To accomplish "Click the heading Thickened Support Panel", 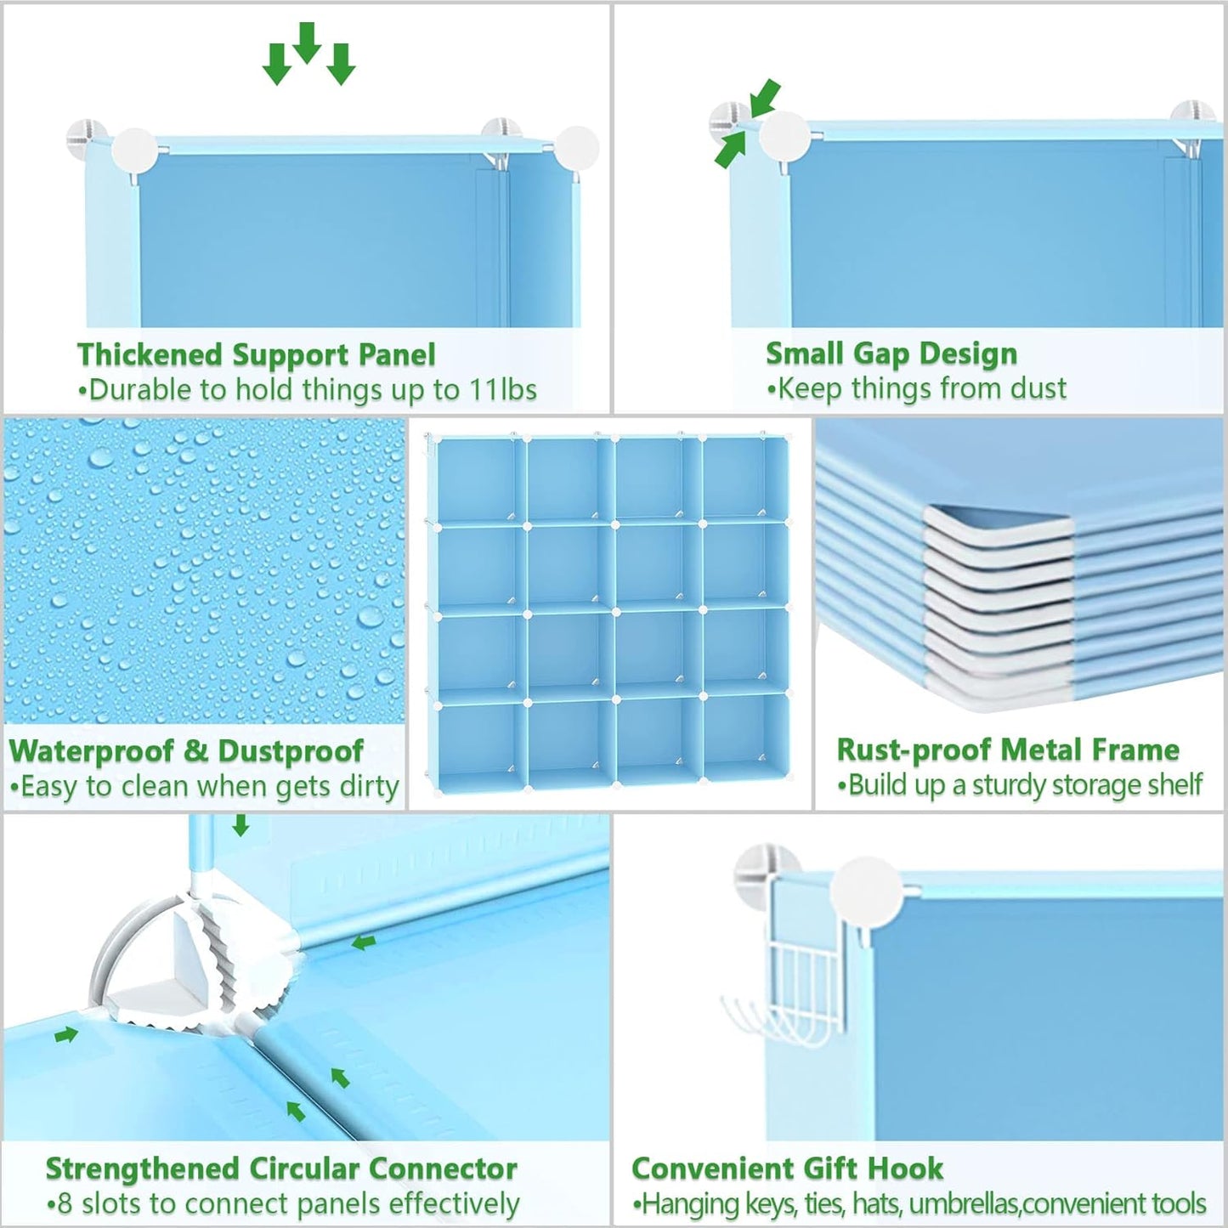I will coord(256,354).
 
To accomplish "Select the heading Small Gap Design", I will coord(891,354).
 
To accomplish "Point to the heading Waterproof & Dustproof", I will coord(186,751).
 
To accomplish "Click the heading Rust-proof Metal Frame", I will coord(1008,750).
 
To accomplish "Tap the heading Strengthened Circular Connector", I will coord(281,1169).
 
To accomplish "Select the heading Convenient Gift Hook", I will coord(787,1169).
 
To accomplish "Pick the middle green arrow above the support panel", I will coord(306,42).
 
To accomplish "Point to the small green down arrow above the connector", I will coord(241,825).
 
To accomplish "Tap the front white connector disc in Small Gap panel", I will coord(784,136).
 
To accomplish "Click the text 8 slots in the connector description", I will coord(90,1204).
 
